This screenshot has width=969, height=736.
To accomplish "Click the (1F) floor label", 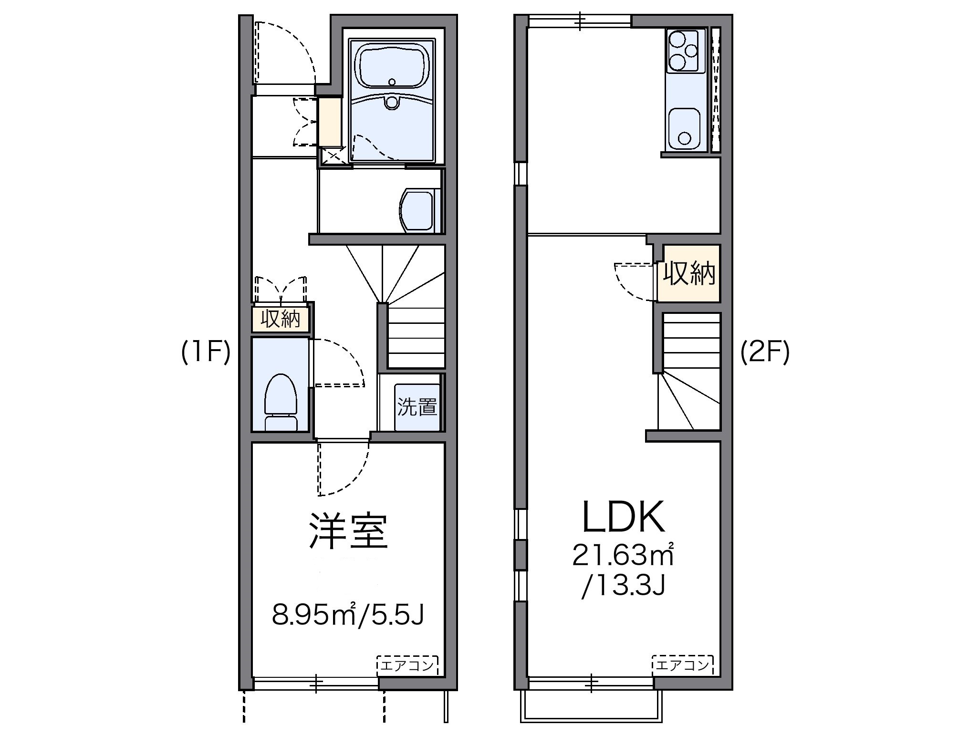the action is pyautogui.click(x=206, y=353).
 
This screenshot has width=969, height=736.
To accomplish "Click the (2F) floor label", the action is pyautogui.click(x=765, y=353).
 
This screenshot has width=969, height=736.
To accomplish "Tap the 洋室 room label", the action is pyautogui.click(x=348, y=531).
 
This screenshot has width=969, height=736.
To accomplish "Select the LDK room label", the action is pyautogui.click(x=624, y=517).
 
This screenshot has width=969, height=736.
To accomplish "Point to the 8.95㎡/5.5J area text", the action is pyautogui.click(x=348, y=614).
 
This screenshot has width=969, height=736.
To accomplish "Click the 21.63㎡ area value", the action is pyautogui.click(x=624, y=555).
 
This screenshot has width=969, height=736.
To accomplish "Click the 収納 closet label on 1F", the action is pyautogui.click(x=281, y=319).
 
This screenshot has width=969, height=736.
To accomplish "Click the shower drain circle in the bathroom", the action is pyautogui.click(x=392, y=103).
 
